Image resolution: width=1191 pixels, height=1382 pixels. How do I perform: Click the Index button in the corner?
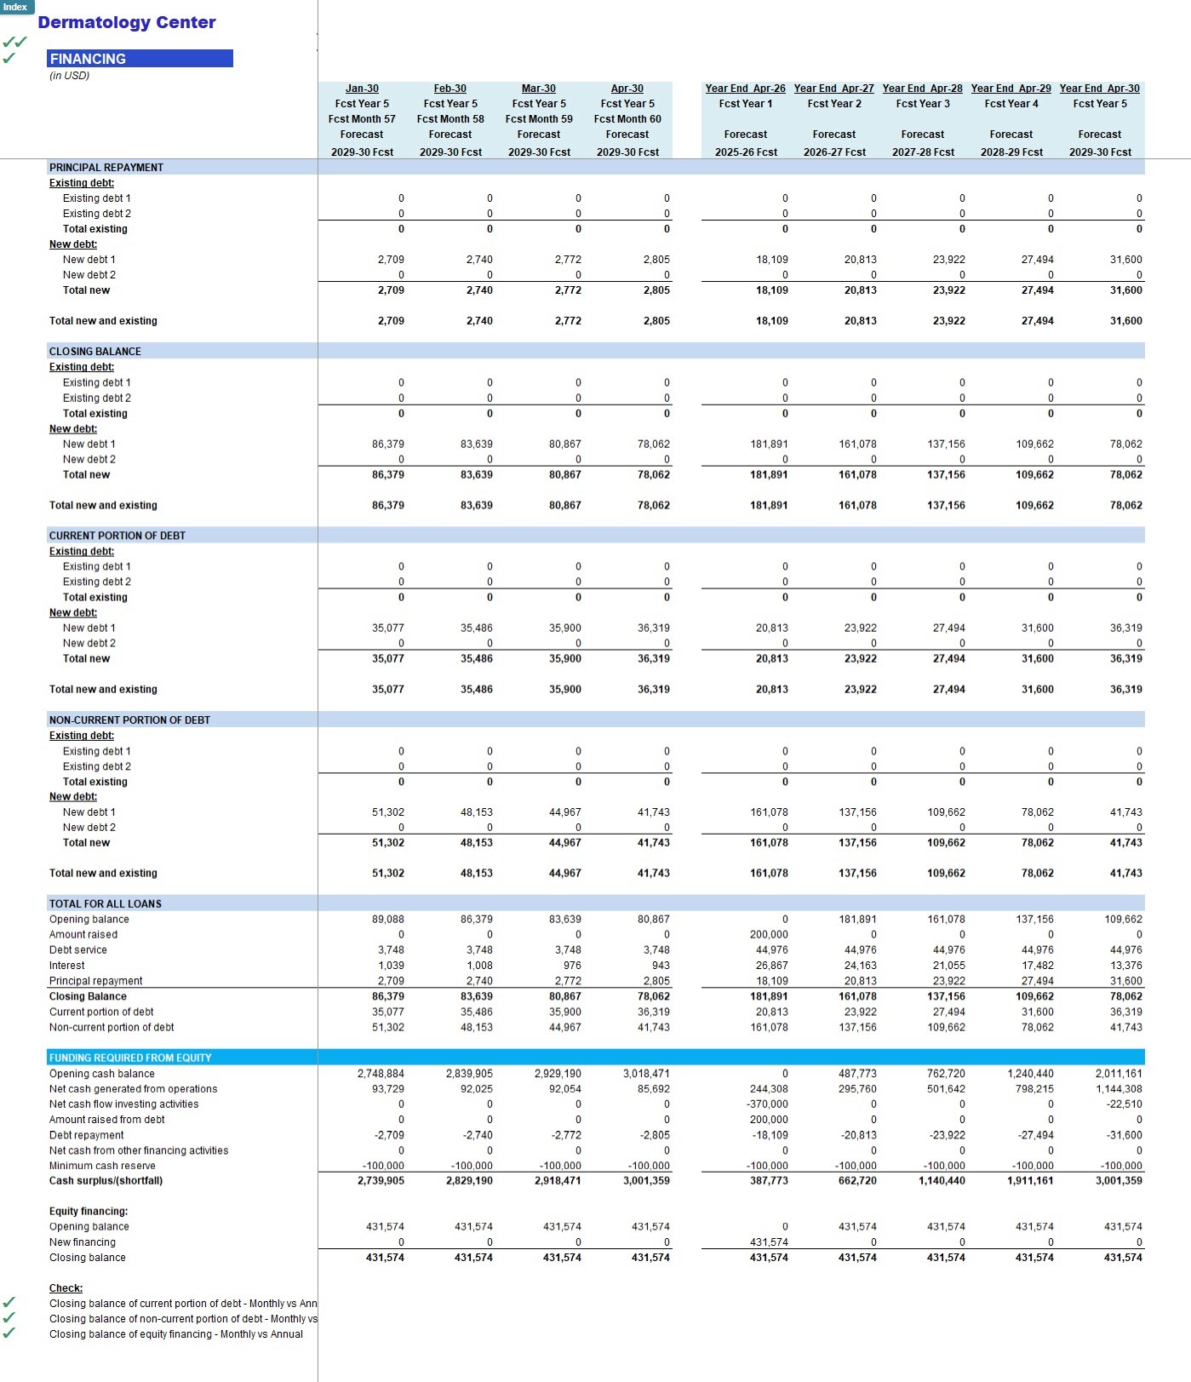(x=16, y=7)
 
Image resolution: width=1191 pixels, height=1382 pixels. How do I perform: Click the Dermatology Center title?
(x=127, y=22)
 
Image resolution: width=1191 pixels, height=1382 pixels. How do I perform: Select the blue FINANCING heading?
(x=140, y=59)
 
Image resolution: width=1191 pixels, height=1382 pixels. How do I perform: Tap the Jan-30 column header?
(x=362, y=89)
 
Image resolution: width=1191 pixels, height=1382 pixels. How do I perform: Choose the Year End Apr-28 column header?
(x=922, y=89)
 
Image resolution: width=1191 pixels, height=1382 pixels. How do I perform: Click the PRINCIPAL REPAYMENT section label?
(x=106, y=168)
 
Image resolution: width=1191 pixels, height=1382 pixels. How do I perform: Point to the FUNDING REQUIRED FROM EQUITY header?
(x=130, y=1058)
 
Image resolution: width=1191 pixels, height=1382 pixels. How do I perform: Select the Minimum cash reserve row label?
(x=102, y=1166)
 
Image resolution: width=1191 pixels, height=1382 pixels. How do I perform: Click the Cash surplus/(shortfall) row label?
(x=106, y=1181)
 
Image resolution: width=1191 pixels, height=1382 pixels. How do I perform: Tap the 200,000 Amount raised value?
(x=769, y=935)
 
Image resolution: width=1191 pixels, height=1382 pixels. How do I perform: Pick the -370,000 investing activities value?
(x=768, y=1104)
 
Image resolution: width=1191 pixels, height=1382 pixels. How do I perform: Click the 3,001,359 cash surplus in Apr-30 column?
(x=646, y=1181)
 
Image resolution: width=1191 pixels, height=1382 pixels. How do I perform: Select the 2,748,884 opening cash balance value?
(x=381, y=1074)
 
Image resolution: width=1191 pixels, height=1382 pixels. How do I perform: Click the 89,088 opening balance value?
(x=388, y=920)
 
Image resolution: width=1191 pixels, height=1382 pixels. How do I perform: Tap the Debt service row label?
(x=78, y=950)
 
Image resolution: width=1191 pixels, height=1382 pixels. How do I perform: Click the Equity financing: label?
(x=89, y=1212)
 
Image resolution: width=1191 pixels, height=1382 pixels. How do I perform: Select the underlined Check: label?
(x=66, y=1288)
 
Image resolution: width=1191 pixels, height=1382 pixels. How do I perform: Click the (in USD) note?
(x=69, y=76)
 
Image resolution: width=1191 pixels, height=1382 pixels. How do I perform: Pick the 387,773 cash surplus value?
(x=769, y=1181)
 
